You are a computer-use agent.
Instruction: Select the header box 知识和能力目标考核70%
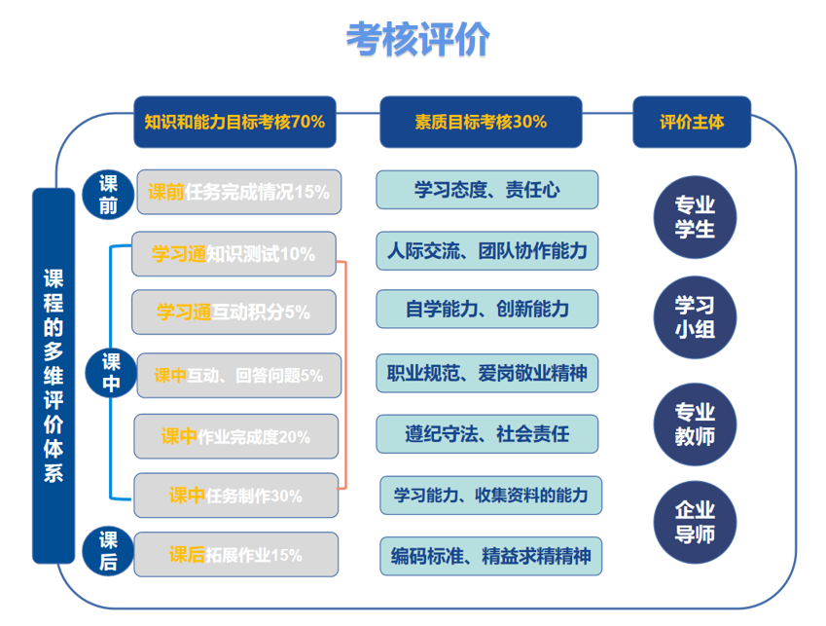[x=234, y=122]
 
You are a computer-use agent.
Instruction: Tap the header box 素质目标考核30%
[x=481, y=122]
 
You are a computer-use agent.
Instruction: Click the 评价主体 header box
[x=692, y=122]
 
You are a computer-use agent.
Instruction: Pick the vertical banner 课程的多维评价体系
[x=54, y=375]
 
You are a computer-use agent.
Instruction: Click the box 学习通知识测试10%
[x=233, y=255]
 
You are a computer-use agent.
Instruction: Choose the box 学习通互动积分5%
[x=233, y=313]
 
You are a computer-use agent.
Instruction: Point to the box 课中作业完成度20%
[x=236, y=436]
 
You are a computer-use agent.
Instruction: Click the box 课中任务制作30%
[x=236, y=496]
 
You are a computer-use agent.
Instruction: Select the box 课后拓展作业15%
[x=236, y=555]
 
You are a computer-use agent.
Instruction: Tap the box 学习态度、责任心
[x=486, y=190]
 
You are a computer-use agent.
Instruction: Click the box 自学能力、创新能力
[x=486, y=310]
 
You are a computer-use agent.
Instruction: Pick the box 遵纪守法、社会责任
[x=486, y=433]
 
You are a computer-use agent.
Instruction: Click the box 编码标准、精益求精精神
[x=490, y=556]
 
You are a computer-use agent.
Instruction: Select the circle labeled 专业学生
[x=695, y=217]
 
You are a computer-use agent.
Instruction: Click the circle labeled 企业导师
[x=695, y=521]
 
